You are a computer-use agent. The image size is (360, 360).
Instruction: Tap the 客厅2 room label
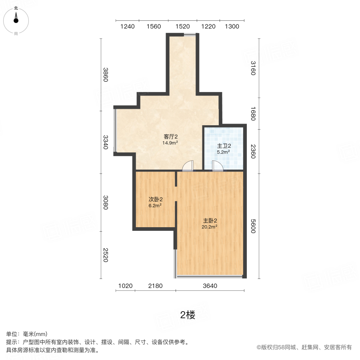coord(170,137)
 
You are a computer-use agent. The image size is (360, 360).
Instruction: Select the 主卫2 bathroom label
coord(224,146)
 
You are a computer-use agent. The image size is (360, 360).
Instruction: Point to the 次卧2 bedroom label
coord(155,199)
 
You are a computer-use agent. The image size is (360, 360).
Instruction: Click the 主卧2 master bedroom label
coord(210,220)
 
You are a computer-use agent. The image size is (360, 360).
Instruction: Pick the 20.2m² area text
coord(210,227)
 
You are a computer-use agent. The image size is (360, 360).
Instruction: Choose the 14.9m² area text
coord(170,143)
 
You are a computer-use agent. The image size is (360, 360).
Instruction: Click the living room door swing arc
coord(188,166)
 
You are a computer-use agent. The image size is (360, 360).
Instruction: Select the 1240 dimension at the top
coord(127,27)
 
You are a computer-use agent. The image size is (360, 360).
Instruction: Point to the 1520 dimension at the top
coord(182,27)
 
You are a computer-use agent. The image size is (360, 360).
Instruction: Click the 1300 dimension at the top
coord(232,27)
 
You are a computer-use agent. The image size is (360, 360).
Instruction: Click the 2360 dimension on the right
coord(253,151)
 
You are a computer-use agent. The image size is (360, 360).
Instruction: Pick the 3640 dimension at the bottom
coord(210,286)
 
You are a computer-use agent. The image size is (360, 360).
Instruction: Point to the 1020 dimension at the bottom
coord(125,286)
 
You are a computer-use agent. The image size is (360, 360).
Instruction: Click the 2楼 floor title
coord(188,315)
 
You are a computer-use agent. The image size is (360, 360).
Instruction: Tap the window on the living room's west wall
coord(115,130)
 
